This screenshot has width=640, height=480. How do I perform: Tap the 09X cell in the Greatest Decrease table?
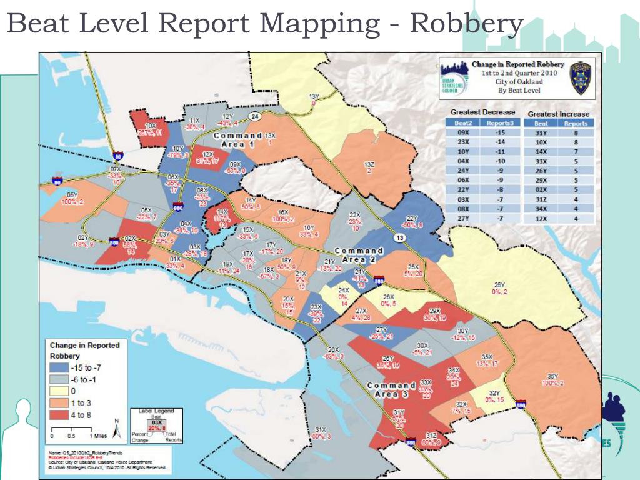point(464,132)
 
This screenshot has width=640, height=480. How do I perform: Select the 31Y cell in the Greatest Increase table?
point(541,132)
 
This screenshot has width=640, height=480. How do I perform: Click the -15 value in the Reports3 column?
point(499,132)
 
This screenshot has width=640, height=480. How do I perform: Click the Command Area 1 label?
point(237,139)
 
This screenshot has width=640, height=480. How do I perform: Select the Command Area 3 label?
point(391,389)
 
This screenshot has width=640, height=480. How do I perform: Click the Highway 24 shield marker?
point(255,116)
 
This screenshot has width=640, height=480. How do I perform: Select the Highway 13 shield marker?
point(398,237)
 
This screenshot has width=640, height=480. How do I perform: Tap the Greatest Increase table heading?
point(558,114)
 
